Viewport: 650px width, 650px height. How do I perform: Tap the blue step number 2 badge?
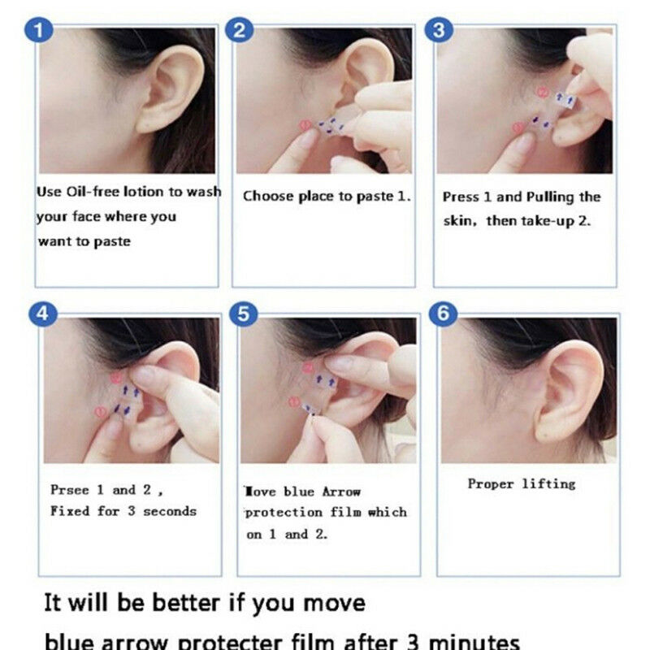(x=240, y=31)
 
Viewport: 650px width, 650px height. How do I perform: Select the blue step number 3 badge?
(x=440, y=31)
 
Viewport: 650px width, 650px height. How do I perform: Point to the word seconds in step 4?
(x=170, y=511)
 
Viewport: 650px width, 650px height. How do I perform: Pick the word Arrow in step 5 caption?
(x=341, y=492)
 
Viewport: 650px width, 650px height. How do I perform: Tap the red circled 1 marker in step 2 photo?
(x=305, y=126)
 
